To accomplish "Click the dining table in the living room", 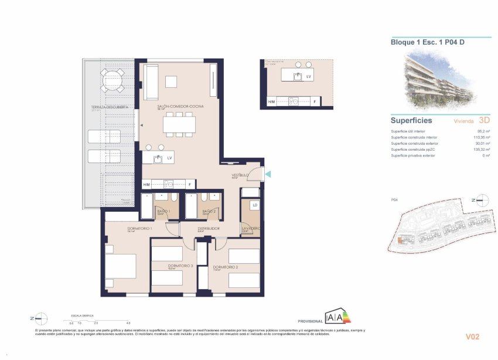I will [x=180, y=124].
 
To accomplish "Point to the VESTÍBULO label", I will [x=239, y=175].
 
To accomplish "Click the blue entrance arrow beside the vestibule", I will [x=267, y=174].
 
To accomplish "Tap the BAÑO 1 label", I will [x=163, y=211].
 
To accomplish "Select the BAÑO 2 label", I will [x=209, y=211].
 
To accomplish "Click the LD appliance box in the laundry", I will [x=255, y=205].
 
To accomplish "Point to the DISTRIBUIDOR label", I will [x=209, y=228].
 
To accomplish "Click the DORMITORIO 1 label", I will [x=140, y=228].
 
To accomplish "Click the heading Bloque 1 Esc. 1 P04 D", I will [x=424, y=42].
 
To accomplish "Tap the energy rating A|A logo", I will [x=336, y=318].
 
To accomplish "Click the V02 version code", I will [x=473, y=337].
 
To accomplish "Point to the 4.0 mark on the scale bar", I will [x=128, y=322].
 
